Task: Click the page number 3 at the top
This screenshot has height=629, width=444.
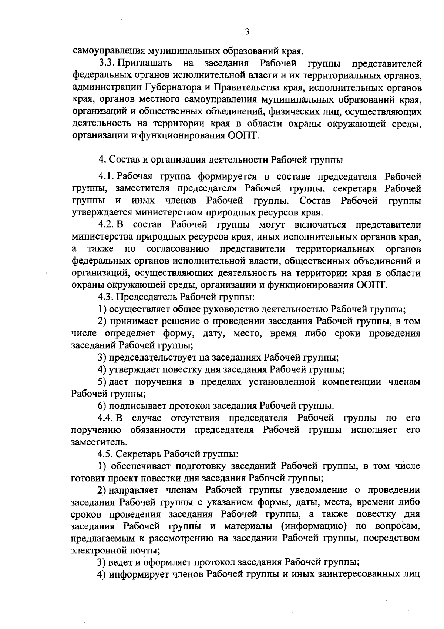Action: [x=247, y=32]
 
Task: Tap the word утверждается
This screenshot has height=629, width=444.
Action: [x=101, y=213]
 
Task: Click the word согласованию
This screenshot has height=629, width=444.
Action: [x=177, y=249]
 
